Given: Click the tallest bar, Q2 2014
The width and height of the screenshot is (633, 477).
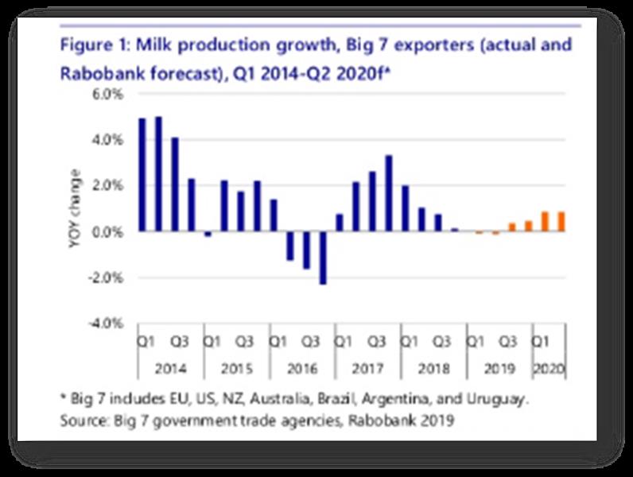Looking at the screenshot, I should (159, 174).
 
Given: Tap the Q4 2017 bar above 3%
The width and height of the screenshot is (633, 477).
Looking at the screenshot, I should (389, 193).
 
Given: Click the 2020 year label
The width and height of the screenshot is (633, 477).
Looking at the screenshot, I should (549, 368).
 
